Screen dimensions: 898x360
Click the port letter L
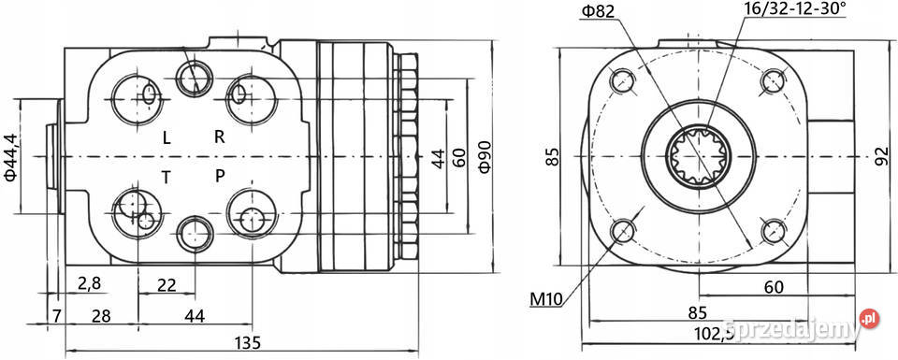click(x=167, y=137)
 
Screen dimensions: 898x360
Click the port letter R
click(x=219, y=137)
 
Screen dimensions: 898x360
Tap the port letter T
click(x=167, y=178)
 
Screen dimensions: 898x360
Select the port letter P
click(x=220, y=177)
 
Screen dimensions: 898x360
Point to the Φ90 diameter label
click(x=485, y=157)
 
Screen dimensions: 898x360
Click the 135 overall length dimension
click(x=248, y=343)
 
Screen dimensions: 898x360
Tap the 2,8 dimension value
click(x=90, y=283)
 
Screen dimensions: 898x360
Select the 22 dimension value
click(x=167, y=284)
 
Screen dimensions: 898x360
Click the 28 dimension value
click(x=101, y=315)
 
